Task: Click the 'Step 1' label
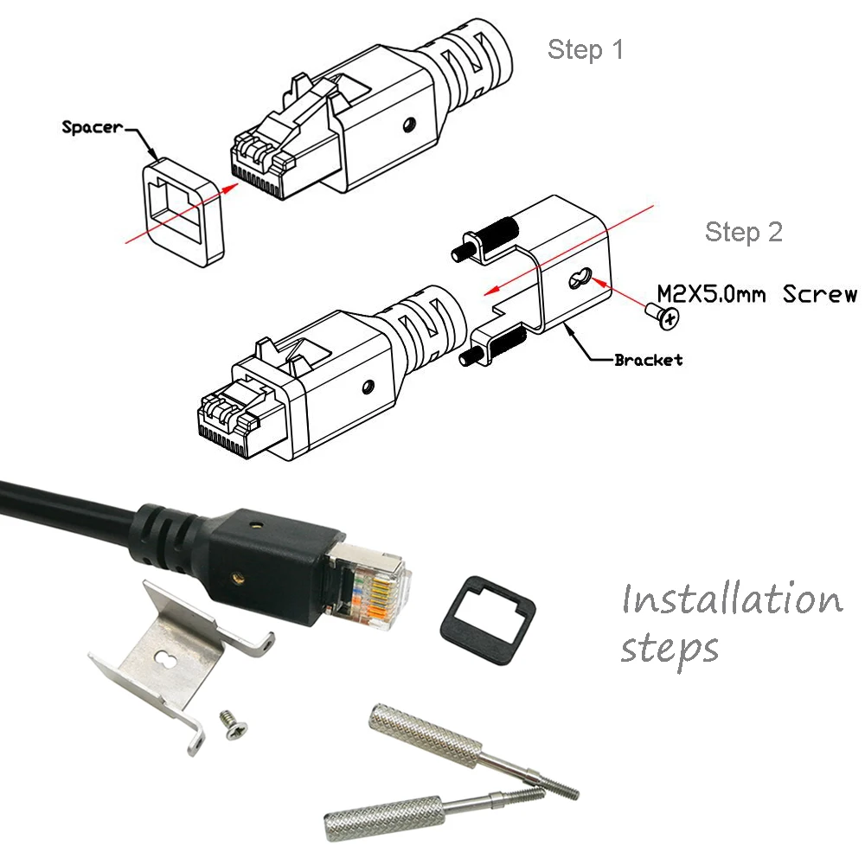coord(585,50)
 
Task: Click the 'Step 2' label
coord(743,232)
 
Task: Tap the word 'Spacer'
coord(93,127)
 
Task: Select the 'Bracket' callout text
coord(648,360)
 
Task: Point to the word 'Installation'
coord(731,599)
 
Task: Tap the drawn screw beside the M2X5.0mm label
coord(663,315)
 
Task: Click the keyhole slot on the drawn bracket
coord(580,279)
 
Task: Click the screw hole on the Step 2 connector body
coord(369,384)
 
